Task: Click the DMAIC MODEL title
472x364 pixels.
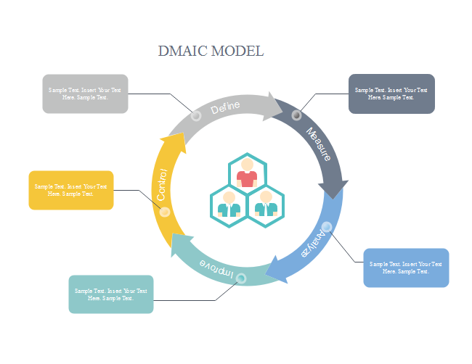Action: [x=211, y=51]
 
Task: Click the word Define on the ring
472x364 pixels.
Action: [x=225, y=107]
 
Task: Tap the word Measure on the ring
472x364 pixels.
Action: [x=319, y=144]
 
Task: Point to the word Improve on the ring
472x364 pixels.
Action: [x=217, y=269]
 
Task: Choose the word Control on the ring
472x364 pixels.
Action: [x=162, y=184]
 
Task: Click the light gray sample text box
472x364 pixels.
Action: [x=85, y=94]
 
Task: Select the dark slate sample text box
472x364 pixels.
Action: [x=391, y=94]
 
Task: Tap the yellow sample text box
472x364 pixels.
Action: [x=71, y=190]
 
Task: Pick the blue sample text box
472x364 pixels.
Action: [x=406, y=268]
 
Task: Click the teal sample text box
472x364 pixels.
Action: [x=111, y=294]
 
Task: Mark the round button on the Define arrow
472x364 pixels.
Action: [x=196, y=116]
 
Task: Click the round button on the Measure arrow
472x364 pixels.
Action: [x=296, y=115]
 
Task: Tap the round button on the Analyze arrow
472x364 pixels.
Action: [x=327, y=227]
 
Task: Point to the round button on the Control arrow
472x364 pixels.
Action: [x=165, y=212]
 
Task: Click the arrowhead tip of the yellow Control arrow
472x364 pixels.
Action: [x=182, y=133]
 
